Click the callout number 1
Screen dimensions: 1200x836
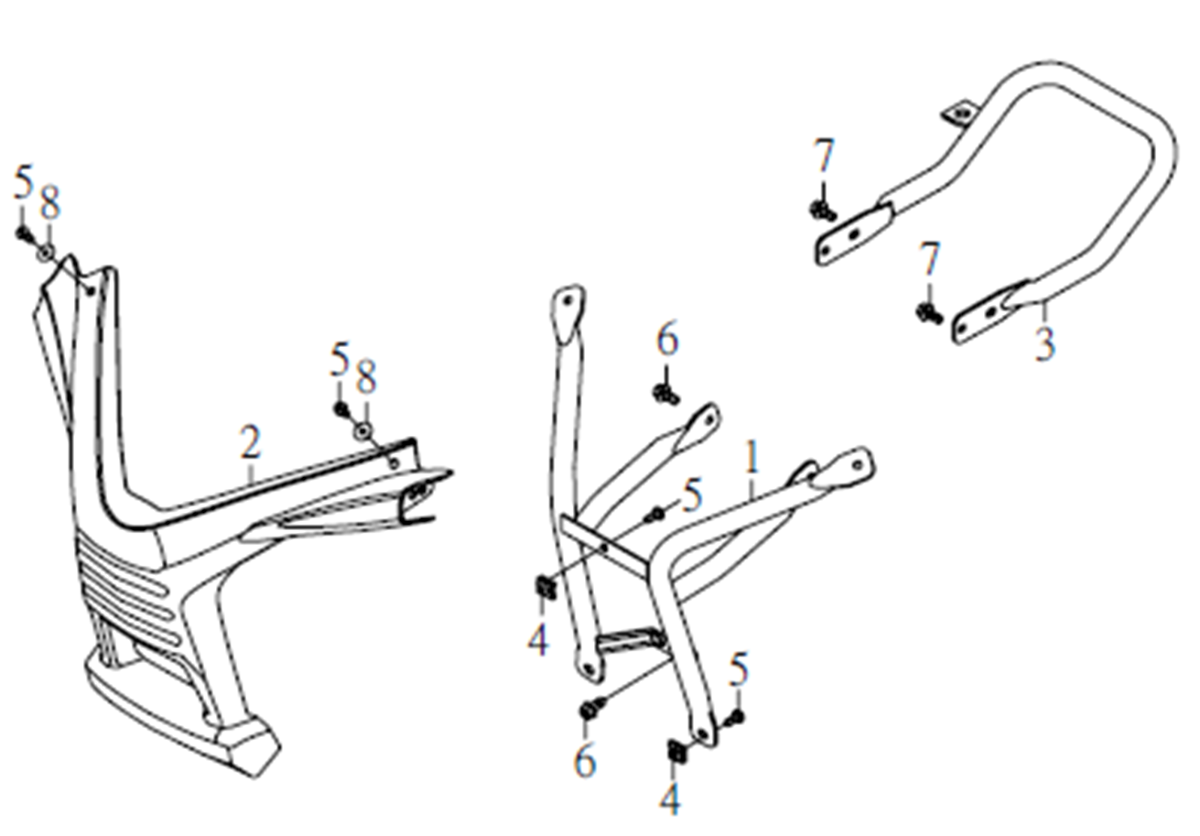pos(752,457)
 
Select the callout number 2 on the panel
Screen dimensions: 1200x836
pos(251,442)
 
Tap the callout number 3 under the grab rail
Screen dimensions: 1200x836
pos(1044,343)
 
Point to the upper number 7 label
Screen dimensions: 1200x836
pos(824,156)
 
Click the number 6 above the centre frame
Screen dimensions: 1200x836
pos(667,338)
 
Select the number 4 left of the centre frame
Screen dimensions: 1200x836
pos(538,639)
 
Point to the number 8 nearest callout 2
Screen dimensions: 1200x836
pos(366,376)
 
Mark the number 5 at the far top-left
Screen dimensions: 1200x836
pos(23,181)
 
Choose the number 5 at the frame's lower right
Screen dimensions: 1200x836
pos(739,669)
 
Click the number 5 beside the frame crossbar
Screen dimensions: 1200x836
pos(692,495)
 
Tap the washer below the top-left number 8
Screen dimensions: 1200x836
pos(46,253)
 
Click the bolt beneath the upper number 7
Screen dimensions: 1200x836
pos(822,211)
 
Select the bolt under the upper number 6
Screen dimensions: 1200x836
pos(665,395)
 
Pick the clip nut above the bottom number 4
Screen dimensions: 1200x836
pos(676,752)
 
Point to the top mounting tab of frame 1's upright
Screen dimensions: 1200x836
pos(568,313)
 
